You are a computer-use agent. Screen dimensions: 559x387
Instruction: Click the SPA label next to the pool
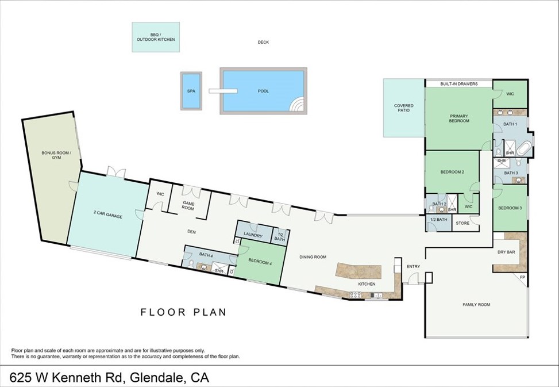(191, 91)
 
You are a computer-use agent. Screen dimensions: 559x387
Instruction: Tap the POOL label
(264, 91)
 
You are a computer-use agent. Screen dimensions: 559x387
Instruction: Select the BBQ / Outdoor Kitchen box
(156, 37)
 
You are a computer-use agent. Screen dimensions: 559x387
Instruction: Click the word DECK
(263, 42)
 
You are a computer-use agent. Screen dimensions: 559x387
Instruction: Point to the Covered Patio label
(404, 108)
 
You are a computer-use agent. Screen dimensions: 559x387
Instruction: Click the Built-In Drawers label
(459, 84)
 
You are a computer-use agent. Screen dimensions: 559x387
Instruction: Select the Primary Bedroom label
(459, 118)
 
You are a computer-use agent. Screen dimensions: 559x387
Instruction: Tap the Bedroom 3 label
(510, 208)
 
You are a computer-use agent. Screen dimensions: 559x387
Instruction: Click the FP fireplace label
(523, 277)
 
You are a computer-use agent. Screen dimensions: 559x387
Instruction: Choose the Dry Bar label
(506, 252)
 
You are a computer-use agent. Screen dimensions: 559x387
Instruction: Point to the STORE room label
(462, 223)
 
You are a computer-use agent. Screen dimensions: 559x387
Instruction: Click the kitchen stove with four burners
(356, 295)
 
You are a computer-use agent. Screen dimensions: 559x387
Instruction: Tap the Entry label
(413, 266)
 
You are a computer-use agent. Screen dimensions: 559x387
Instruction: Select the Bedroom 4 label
(260, 262)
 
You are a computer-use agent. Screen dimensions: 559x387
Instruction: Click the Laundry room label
(253, 235)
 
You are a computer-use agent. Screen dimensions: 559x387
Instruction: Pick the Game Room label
(188, 206)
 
